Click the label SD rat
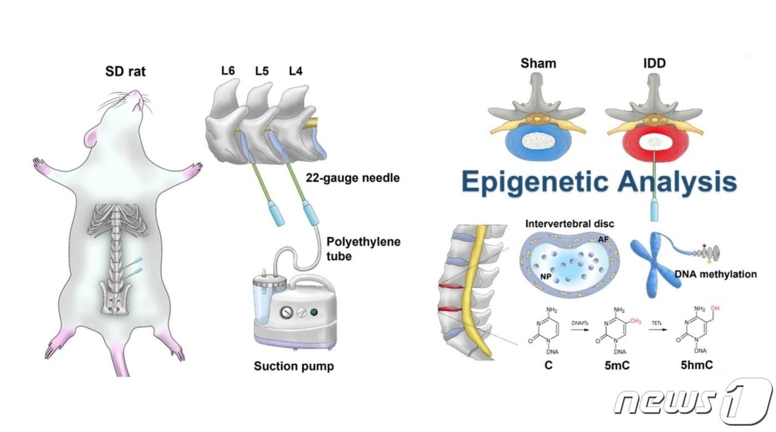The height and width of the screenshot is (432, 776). coord(125,72)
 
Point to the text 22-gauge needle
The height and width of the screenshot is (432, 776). coord(353,179)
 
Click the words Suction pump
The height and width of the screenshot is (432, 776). coord(294,366)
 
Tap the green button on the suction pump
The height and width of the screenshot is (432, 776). coord(315,311)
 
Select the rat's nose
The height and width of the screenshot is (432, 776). coord(136,94)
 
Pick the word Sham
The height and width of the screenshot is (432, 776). coord(538,63)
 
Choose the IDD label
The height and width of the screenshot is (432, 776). coord(654,63)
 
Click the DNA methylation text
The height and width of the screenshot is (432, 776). coord(716,274)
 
